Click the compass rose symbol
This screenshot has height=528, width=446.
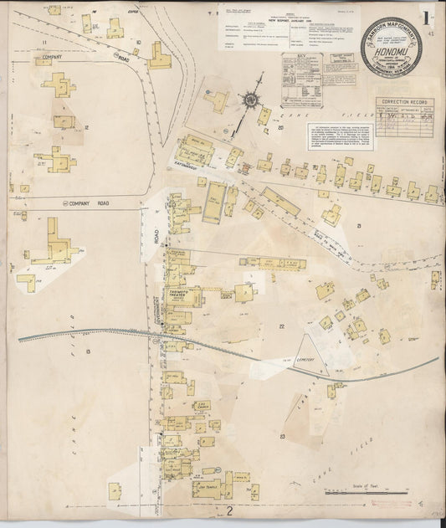251,100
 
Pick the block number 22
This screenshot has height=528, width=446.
282,326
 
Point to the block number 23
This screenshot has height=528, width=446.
284,436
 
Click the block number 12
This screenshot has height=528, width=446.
86,127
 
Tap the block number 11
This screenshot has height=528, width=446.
44,41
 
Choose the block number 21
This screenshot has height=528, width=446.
357,227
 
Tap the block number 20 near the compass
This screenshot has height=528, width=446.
281,127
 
